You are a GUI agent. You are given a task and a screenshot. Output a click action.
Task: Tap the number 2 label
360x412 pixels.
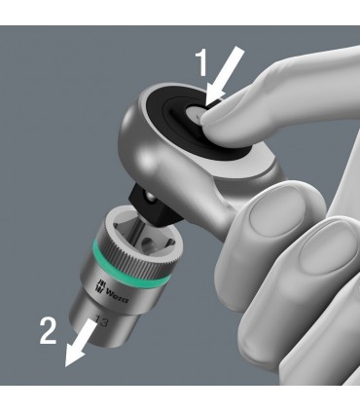pos(46,334)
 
